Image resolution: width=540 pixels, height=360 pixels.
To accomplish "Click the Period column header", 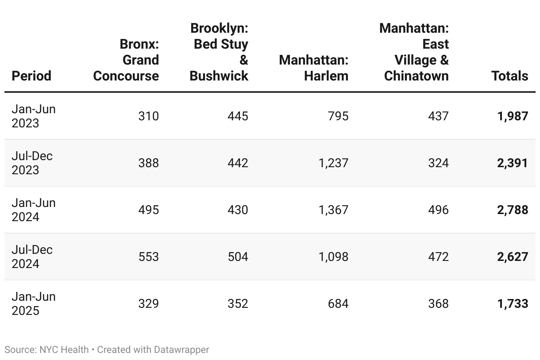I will pyautogui.click(x=31, y=76).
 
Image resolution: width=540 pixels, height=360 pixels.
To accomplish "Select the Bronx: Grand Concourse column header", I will pyautogui.click(x=126, y=60).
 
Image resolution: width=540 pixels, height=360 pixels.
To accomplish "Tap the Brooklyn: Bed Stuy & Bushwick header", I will pyautogui.click(x=219, y=52).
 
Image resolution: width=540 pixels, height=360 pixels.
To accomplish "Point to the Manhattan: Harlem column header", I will pyautogui.click(x=314, y=68).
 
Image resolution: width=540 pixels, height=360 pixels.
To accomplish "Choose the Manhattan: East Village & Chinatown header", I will pyautogui.click(x=414, y=52).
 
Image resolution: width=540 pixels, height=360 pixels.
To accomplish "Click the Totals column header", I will pyautogui.click(x=510, y=76).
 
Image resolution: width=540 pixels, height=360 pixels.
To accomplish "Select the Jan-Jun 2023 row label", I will pyautogui.click(x=34, y=116).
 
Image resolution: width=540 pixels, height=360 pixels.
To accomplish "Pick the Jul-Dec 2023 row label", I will pyautogui.click(x=32, y=163).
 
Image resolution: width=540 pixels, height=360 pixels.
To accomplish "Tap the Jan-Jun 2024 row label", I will pyautogui.click(x=34, y=210).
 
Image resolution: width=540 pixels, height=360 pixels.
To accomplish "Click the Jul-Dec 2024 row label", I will pyautogui.click(x=32, y=257).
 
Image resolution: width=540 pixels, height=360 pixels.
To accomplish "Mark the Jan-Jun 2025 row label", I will pyautogui.click(x=34, y=303).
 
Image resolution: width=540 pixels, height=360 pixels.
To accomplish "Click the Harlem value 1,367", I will pyautogui.click(x=333, y=210).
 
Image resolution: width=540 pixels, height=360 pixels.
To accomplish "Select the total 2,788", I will pyautogui.click(x=513, y=210).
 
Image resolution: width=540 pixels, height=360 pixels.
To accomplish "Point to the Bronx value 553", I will pyautogui.click(x=148, y=257).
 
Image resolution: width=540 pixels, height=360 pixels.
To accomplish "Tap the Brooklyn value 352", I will pyautogui.click(x=238, y=303).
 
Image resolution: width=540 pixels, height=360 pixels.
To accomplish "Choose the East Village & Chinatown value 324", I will pyautogui.click(x=438, y=163).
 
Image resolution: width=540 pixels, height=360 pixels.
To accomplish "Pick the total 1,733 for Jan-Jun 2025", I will pyautogui.click(x=513, y=303).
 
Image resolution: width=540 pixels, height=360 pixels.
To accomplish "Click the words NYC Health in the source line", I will pyautogui.click(x=64, y=349).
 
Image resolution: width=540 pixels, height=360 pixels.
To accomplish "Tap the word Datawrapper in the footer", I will pyautogui.click(x=181, y=349).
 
